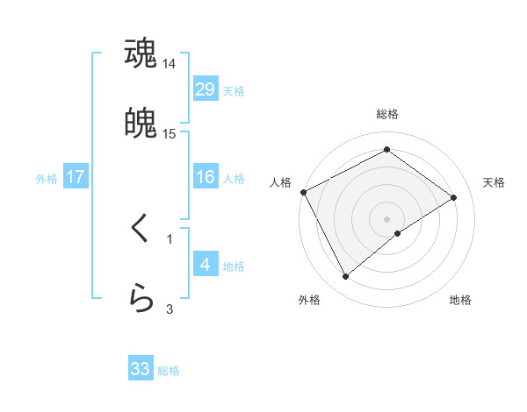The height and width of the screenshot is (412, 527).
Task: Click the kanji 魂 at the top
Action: (141, 53)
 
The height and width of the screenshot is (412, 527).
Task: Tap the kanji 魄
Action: (141, 123)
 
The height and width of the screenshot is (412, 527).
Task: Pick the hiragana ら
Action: (141, 298)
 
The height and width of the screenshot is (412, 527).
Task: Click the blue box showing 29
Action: (205, 89)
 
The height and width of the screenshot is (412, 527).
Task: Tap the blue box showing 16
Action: (205, 177)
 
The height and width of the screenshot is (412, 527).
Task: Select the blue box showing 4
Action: (205, 264)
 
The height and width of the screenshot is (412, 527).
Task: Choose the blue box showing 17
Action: (75, 177)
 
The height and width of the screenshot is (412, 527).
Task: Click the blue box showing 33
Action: (141, 369)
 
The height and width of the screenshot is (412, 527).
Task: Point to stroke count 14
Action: (169, 64)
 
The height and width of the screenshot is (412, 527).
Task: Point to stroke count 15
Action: (169, 133)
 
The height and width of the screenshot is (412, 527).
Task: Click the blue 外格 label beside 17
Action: (47, 178)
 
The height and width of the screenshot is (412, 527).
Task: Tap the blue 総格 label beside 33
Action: (169, 371)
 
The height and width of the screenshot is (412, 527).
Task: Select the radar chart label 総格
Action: (387, 114)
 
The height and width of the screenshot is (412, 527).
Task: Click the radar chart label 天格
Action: (495, 182)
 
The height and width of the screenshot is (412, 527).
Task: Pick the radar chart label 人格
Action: (280, 182)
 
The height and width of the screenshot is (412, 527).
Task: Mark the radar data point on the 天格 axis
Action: (454, 197)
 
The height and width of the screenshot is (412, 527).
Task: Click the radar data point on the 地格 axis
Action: (398, 233)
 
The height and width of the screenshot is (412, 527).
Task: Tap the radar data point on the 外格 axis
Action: (345, 277)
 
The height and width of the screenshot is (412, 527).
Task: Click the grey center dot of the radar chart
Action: (387, 218)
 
